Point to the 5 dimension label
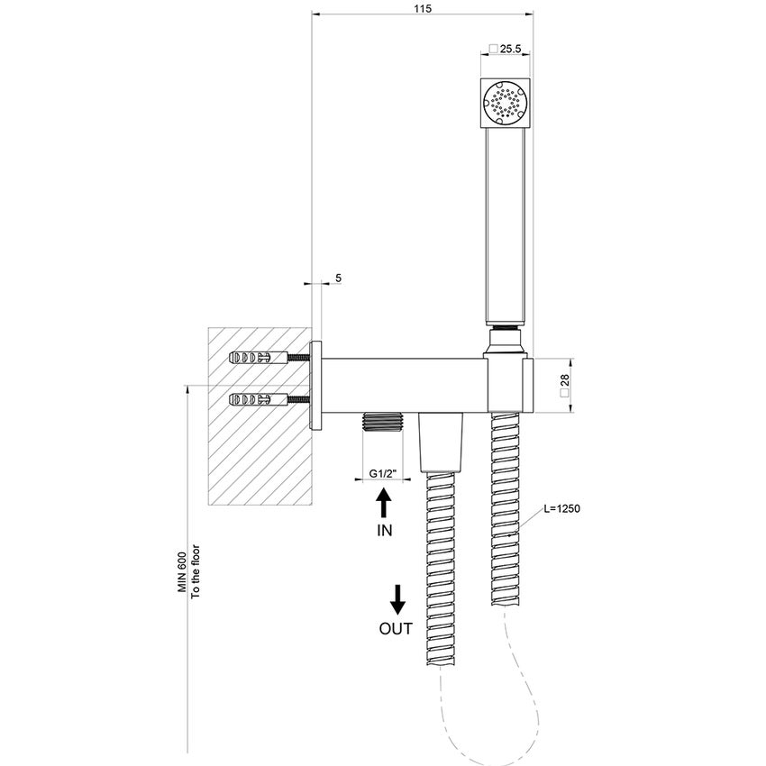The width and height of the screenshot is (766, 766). [338, 278]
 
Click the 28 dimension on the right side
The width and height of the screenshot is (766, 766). [564, 386]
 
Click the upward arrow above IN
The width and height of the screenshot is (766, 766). [383, 501]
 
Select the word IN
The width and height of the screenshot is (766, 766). [384, 531]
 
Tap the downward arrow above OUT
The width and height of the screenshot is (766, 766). [397, 598]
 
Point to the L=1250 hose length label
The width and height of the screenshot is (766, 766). [561, 509]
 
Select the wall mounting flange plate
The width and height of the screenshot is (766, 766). [316, 386]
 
